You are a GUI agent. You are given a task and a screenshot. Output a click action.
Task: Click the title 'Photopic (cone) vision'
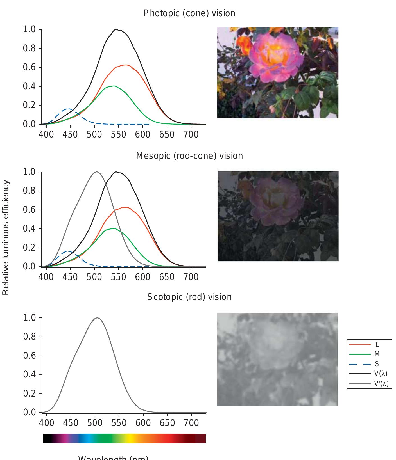coord(189,13)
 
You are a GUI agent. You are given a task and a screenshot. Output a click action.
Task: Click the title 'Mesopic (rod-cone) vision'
coord(189,156)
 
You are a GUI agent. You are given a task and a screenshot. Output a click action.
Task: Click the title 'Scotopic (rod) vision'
coord(189,297)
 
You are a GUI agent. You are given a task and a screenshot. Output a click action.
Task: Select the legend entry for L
coord(368,345)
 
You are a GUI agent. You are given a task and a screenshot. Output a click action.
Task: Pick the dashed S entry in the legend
coord(368,364)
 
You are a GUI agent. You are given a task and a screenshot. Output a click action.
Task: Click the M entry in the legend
coord(368,354)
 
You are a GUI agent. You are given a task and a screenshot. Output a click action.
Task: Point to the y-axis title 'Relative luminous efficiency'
coord(6,237)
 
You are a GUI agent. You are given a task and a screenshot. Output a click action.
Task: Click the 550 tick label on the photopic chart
coord(118,134)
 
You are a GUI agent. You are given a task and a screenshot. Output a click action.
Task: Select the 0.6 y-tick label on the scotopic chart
coord(29,356)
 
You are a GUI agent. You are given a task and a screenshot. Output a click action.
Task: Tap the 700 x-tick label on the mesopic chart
coord(191,277)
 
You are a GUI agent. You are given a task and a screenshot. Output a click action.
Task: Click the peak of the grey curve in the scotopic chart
coord(97,318)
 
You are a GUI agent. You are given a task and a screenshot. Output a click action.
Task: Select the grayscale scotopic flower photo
coord(277,359)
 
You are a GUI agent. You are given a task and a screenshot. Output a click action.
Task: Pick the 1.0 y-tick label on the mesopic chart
coord(29,172)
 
